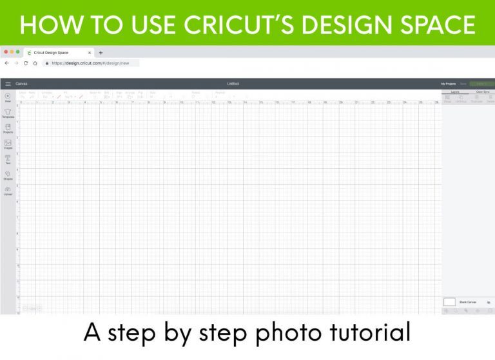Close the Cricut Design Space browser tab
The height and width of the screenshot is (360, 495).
(x=89, y=53)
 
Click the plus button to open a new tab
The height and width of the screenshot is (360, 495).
(x=101, y=53)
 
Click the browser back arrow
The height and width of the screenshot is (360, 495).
(x=6, y=63)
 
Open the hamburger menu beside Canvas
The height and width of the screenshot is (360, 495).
(x=8, y=84)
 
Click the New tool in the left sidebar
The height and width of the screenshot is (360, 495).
(x=8, y=97)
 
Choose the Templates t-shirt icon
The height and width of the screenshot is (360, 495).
(x=8, y=113)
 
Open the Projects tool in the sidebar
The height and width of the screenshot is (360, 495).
(x=8, y=128)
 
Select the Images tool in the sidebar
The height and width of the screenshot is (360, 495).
(x=8, y=144)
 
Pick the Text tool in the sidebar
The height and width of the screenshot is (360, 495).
(x=8, y=159)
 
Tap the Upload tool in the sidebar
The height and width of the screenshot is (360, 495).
(x=8, y=190)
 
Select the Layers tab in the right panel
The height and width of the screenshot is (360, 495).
(x=454, y=92)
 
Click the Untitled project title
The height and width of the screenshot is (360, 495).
(x=233, y=84)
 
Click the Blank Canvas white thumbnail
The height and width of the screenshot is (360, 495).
(x=449, y=301)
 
